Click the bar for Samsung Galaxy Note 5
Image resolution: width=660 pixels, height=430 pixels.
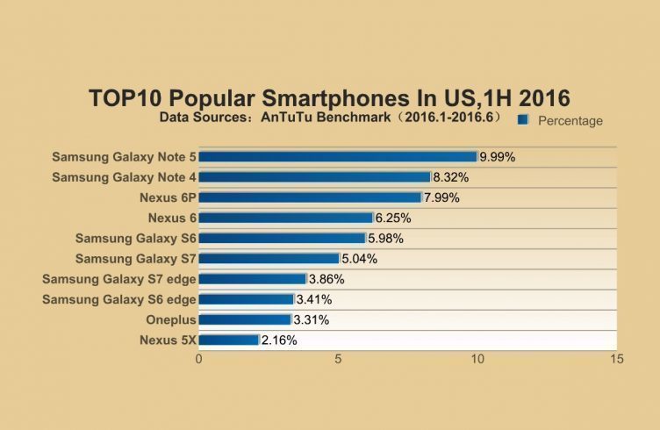pos(338,157)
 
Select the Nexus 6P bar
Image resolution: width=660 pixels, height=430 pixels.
pos(311,197)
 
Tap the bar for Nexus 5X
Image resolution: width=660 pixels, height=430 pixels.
pos(229,340)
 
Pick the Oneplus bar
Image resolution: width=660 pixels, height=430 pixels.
pos(245,319)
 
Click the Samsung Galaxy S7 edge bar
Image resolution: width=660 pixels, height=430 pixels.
pos(253,279)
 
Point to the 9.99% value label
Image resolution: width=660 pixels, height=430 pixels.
pos(497,157)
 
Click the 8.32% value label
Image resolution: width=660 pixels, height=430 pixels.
pos(451,177)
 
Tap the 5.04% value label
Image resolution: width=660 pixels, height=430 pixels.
pos(360,259)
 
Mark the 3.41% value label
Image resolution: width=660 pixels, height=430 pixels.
pos(314,299)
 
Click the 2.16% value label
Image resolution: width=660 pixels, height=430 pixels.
pos(279,340)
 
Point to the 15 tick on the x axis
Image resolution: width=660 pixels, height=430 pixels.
pos(617,360)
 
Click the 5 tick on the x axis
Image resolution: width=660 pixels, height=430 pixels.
pos(339,360)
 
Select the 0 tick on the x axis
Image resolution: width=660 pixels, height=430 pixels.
pos(199,360)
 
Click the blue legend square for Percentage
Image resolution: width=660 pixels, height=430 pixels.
pos(523,120)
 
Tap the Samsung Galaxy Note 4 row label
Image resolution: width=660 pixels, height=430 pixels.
pos(124,177)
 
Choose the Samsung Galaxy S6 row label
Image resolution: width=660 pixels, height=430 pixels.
pos(135,238)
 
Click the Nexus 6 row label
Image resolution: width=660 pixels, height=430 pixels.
pos(172,218)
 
